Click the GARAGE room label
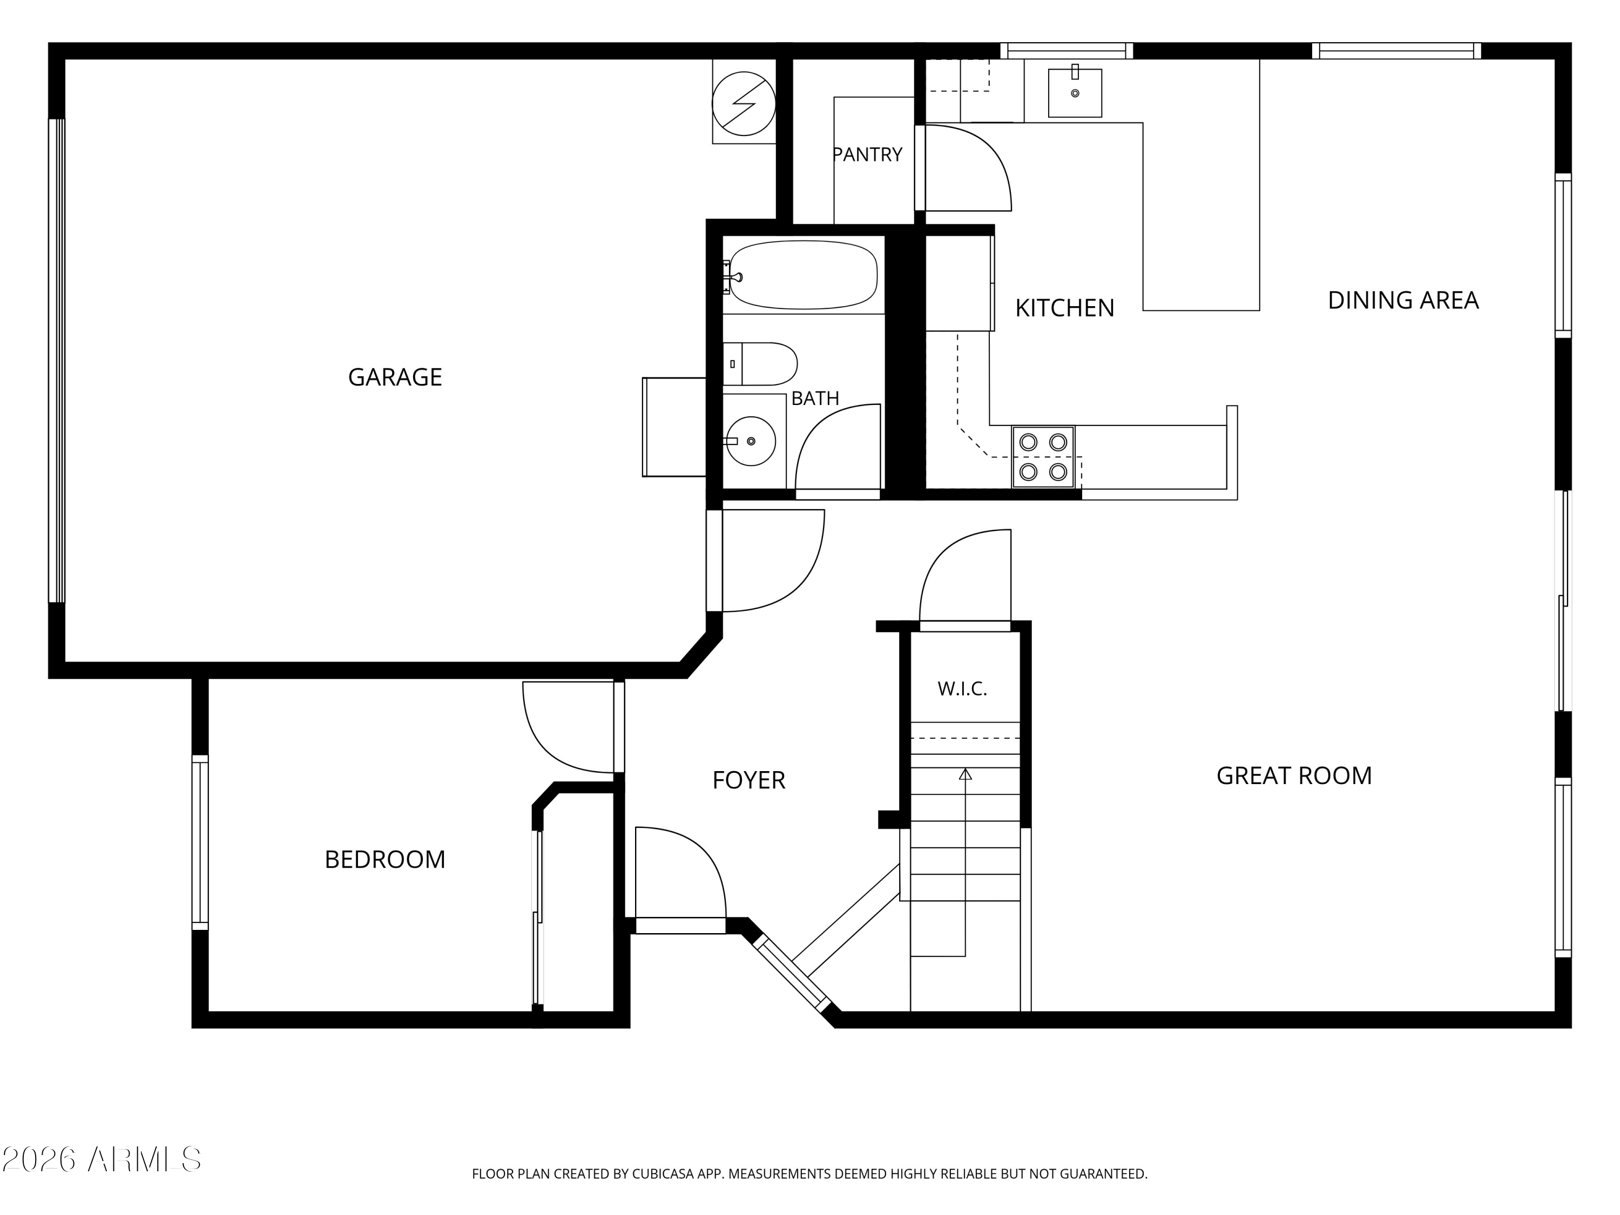click(x=395, y=377)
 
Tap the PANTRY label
click(x=868, y=154)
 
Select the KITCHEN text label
click(x=1064, y=308)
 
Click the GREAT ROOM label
click(x=1294, y=775)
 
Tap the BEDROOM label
click(x=384, y=860)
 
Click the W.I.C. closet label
click(x=962, y=689)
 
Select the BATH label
click(x=815, y=399)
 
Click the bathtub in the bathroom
click(x=804, y=275)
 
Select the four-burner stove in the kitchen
click(x=1043, y=457)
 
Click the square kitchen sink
click(x=1075, y=93)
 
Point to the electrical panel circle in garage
click(x=744, y=103)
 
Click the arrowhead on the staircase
click(x=966, y=773)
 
